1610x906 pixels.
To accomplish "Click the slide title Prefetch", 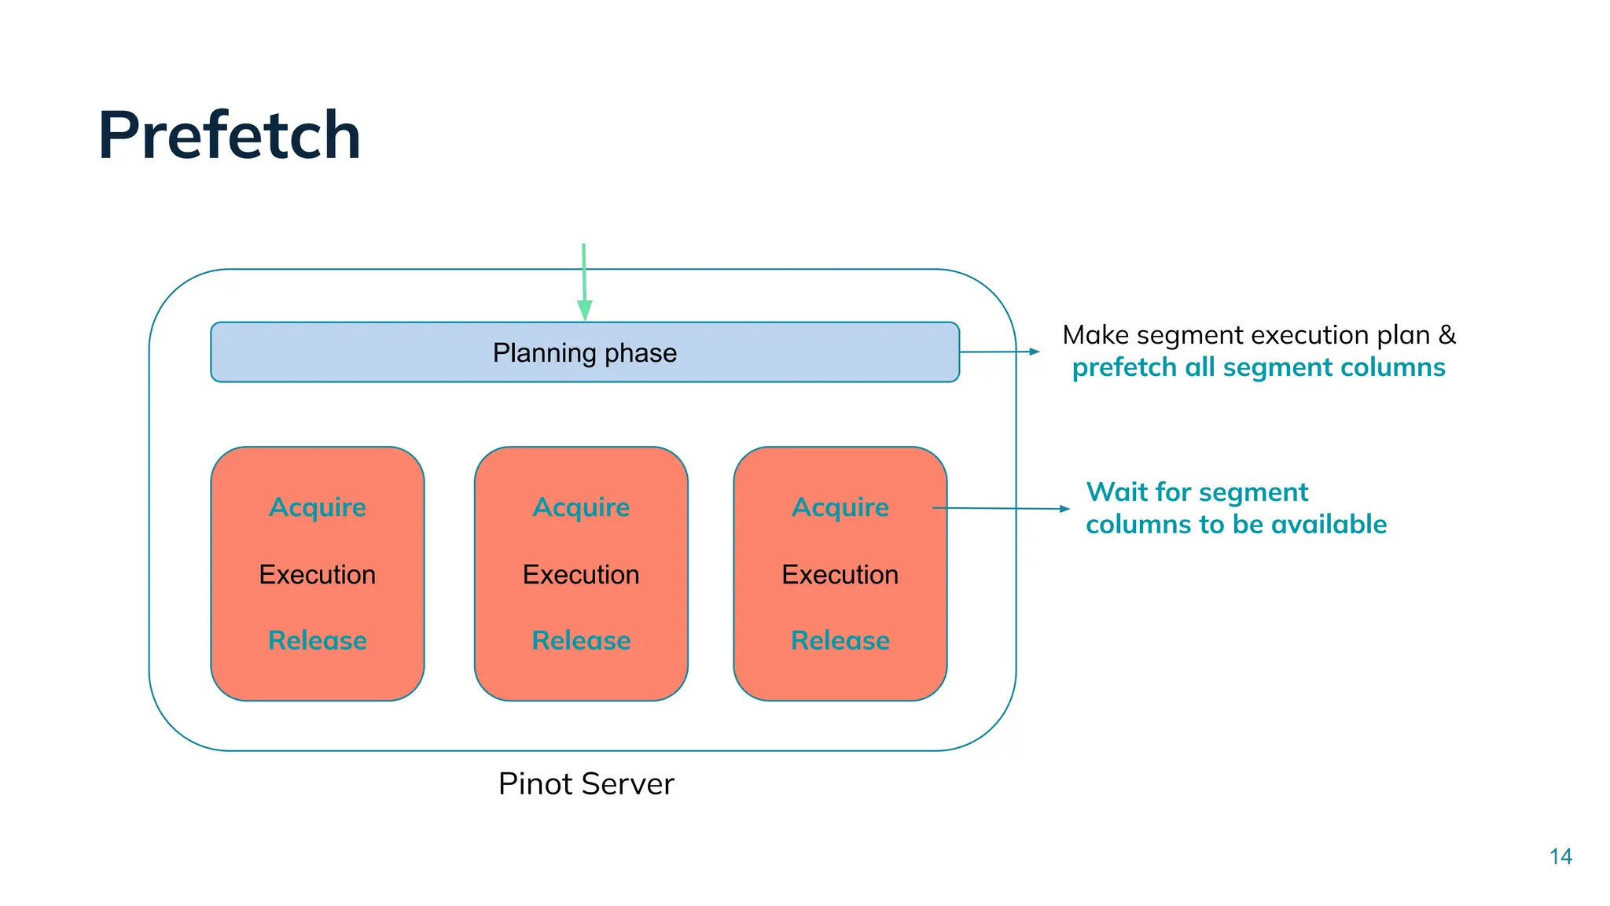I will click(229, 135).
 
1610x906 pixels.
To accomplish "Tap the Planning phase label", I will click(584, 353).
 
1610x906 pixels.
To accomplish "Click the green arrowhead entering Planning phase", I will click(584, 310).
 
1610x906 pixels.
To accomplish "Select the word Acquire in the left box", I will click(318, 508).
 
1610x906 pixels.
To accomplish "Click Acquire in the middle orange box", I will click(581, 508).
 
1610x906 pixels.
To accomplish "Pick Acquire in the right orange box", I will click(840, 508).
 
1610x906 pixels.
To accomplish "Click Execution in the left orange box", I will click(318, 575).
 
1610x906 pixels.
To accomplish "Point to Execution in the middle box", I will click(581, 575).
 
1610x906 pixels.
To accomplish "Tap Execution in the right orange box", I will click(840, 575).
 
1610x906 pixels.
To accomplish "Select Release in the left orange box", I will click(318, 640).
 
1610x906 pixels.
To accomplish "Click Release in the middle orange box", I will click(581, 640).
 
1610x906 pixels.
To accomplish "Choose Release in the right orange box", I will click(840, 640).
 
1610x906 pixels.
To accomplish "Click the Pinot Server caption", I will click(586, 784).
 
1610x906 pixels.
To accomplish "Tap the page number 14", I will click(1560, 856).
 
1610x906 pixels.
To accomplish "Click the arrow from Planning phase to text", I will click(1000, 352).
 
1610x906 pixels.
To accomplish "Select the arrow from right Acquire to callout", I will click(1002, 509).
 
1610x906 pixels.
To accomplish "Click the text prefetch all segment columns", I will click(1258, 367).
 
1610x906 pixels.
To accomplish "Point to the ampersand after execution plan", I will click(1446, 335).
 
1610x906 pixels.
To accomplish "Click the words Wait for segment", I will click(1196, 492).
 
